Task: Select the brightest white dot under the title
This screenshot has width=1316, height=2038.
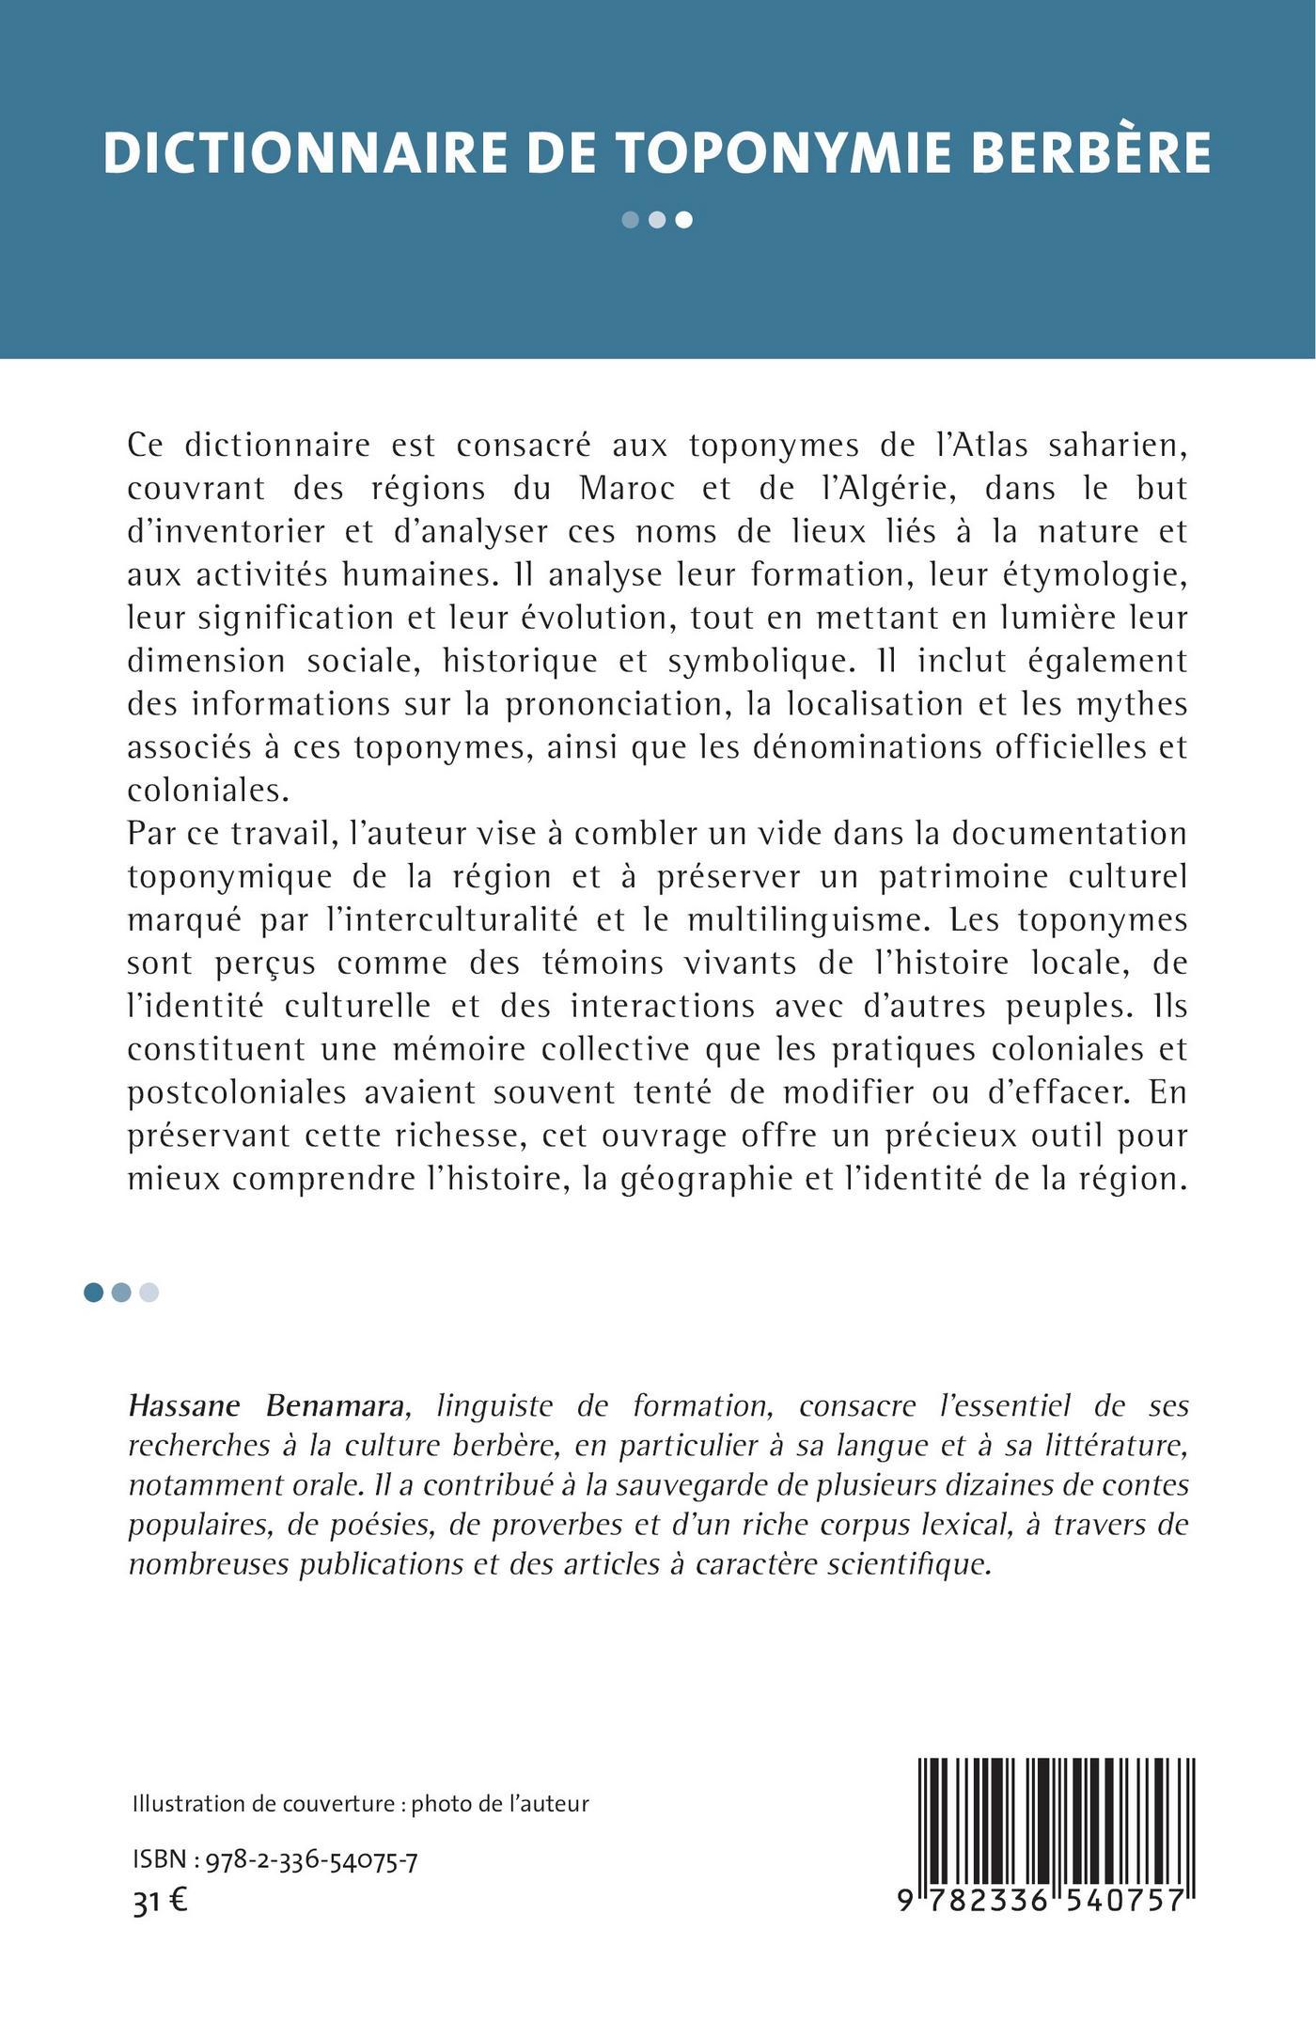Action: pyautogui.click(x=685, y=220)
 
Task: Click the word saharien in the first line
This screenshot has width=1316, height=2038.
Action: pyautogui.click(x=1113, y=446)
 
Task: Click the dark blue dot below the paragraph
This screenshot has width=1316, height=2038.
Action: pyautogui.click(x=93, y=1293)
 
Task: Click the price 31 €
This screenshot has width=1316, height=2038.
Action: pyautogui.click(x=160, y=1902)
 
